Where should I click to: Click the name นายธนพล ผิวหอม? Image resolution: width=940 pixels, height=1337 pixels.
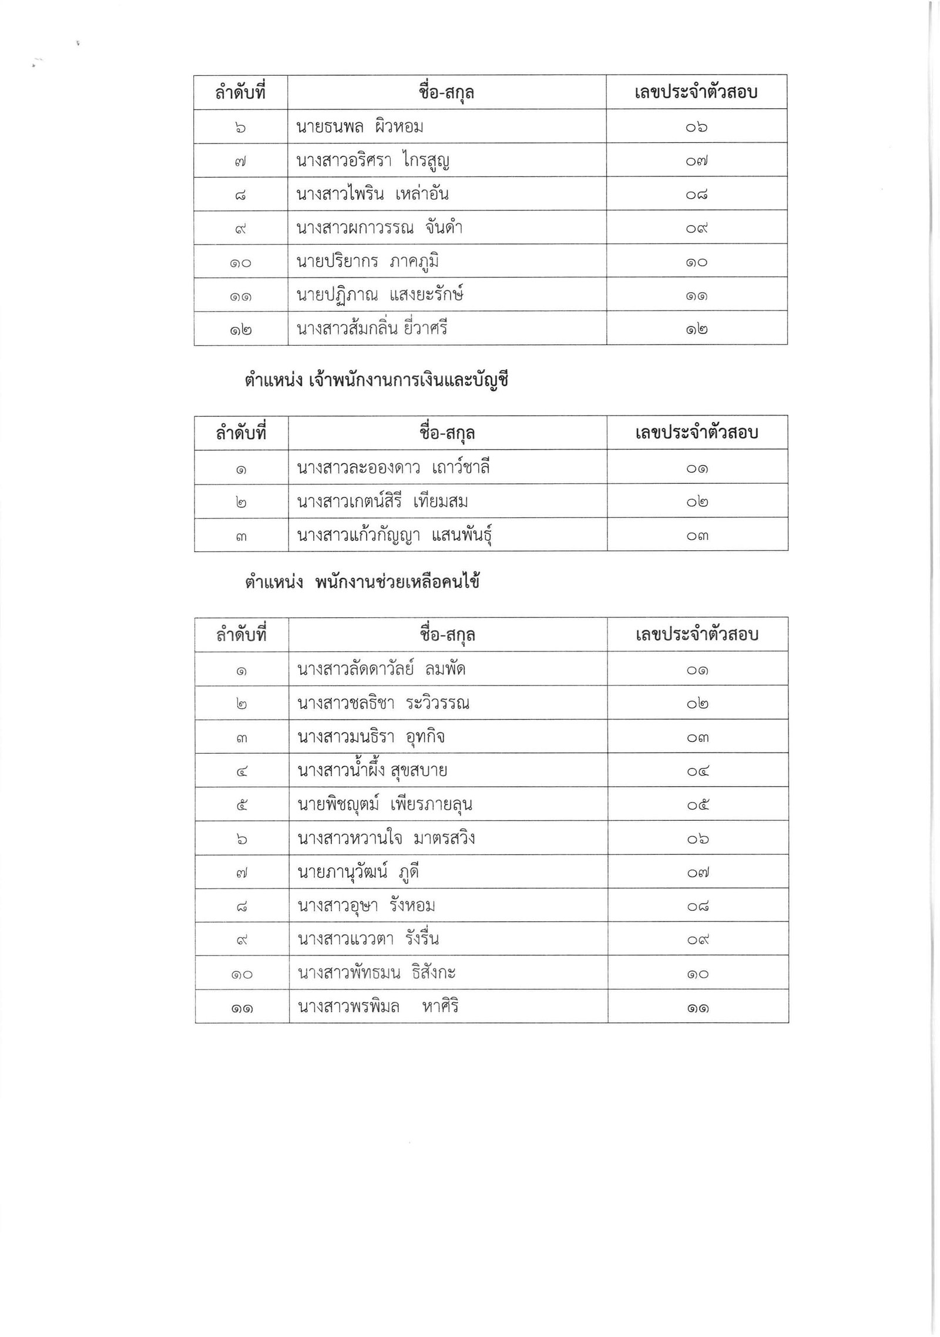coord(360,126)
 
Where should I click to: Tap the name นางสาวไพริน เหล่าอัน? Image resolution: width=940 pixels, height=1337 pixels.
coord(373,194)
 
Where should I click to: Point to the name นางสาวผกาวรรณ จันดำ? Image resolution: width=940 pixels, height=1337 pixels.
coord(380,228)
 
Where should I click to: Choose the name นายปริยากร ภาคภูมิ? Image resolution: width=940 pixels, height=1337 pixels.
coord(368,261)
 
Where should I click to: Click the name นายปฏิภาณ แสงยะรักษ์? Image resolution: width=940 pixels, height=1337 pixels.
coord(380,295)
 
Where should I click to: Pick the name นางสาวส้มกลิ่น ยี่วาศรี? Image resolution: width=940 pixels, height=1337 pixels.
coord(372,328)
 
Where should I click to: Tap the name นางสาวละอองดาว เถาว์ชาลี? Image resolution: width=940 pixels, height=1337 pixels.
coord(394,468)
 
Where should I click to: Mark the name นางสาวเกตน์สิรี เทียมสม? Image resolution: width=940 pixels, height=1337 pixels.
coord(382,502)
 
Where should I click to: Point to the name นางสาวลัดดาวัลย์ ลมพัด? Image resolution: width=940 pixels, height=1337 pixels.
coord(382,669)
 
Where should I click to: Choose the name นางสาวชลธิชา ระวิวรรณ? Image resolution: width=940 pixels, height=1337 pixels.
coord(384,703)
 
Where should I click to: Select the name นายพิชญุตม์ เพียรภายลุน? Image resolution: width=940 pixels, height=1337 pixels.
coord(385,804)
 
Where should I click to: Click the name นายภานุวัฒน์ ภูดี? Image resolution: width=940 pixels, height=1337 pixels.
coord(358,872)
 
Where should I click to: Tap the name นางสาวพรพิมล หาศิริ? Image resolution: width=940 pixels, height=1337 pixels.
coord(378,1007)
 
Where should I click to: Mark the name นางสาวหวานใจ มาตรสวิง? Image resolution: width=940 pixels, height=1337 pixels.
coord(386,838)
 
